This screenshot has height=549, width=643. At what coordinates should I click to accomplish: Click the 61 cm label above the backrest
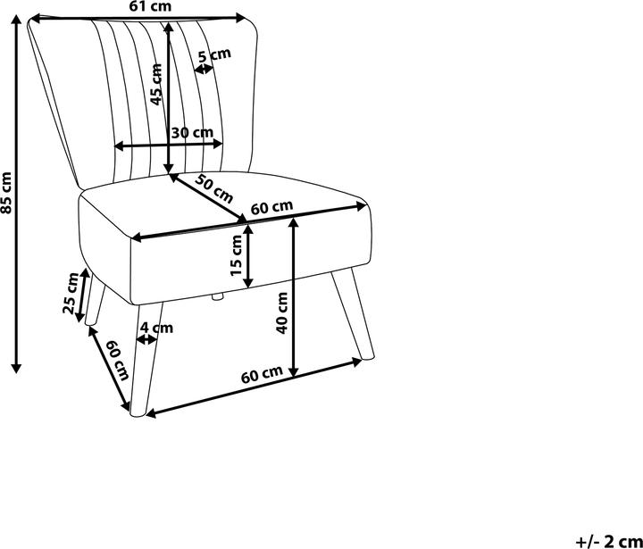151,6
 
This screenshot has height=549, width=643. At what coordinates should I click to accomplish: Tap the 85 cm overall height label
6,193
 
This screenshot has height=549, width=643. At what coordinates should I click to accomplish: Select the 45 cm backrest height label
156,85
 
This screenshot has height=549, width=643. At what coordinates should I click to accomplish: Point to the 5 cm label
214,54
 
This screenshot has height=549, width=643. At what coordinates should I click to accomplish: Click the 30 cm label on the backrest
192,133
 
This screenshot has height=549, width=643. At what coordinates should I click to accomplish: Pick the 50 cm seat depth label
213,188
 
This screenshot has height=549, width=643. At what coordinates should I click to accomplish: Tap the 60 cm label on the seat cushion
271,207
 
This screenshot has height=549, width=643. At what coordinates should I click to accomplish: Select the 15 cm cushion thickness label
237,256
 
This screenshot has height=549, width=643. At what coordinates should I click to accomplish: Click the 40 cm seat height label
282,312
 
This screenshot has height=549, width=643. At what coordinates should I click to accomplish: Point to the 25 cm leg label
71,293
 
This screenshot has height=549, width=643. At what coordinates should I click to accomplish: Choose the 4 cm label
156,328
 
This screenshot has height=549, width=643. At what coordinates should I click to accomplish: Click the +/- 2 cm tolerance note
608,542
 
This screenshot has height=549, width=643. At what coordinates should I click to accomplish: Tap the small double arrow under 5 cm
204,70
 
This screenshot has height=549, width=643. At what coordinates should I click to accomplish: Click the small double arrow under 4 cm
146,339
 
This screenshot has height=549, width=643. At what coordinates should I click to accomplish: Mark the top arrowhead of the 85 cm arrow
16,20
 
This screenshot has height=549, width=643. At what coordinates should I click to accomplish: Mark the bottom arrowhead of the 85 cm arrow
16,368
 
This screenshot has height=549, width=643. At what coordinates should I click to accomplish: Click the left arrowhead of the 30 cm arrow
119,146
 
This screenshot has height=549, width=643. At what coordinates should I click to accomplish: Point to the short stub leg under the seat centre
217,297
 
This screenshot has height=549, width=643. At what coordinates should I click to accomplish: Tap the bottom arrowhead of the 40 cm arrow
294,371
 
